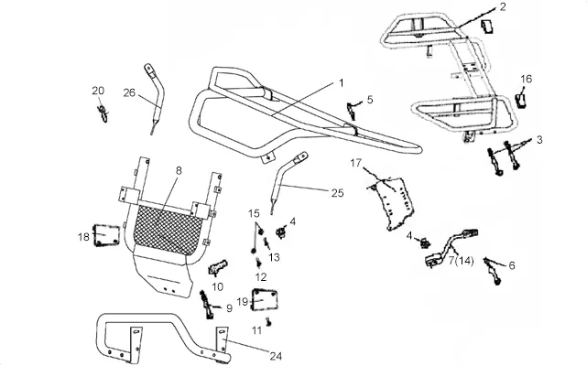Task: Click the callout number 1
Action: pyautogui.click(x=341, y=82)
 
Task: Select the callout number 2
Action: pyautogui.click(x=503, y=6)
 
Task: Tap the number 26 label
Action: pyautogui.click(x=129, y=92)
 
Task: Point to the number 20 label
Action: pyautogui.click(x=98, y=91)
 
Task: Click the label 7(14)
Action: pyautogui.click(x=462, y=260)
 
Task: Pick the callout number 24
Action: pyautogui.click(x=276, y=356)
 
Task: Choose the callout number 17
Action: pyautogui.click(x=356, y=163)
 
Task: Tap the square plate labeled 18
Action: pyautogui.click(x=106, y=235)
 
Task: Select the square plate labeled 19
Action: pyautogui.click(x=265, y=299)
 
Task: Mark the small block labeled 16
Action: pyautogui.click(x=521, y=101)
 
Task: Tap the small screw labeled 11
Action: pyautogui.click(x=268, y=321)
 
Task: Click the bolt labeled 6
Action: pyautogui.click(x=492, y=270)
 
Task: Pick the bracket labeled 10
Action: pyautogui.click(x=217, y=267)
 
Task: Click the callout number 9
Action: pyautogui.click(x=229, y=308)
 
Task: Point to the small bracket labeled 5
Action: pyautogui.click(x=351, y=111)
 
